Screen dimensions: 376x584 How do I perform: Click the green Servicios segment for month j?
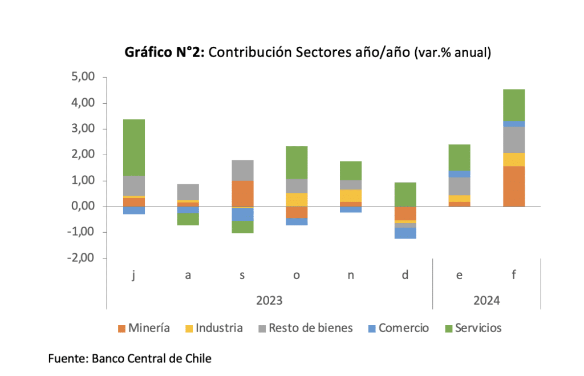point(135,147)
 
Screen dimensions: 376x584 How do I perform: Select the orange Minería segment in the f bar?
point(514,186)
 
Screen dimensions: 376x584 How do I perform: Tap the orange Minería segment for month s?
point(242,193)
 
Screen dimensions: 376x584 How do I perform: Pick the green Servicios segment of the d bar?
point(405,194)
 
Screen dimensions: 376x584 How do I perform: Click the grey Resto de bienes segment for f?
point(514,140)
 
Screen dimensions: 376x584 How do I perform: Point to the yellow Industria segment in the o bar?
point(297,200)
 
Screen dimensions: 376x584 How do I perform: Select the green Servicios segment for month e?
point(460,157)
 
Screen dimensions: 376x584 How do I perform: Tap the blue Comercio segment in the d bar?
point(405,233)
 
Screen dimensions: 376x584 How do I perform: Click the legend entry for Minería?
point(144,328)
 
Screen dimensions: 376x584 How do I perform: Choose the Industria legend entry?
point(213,328)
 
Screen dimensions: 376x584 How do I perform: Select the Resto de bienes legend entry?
point(304,328)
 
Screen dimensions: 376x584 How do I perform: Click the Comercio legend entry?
point(398,328)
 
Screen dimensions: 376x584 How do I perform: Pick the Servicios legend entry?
point(472,328)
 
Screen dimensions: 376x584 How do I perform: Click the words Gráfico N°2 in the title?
point(165,52)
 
